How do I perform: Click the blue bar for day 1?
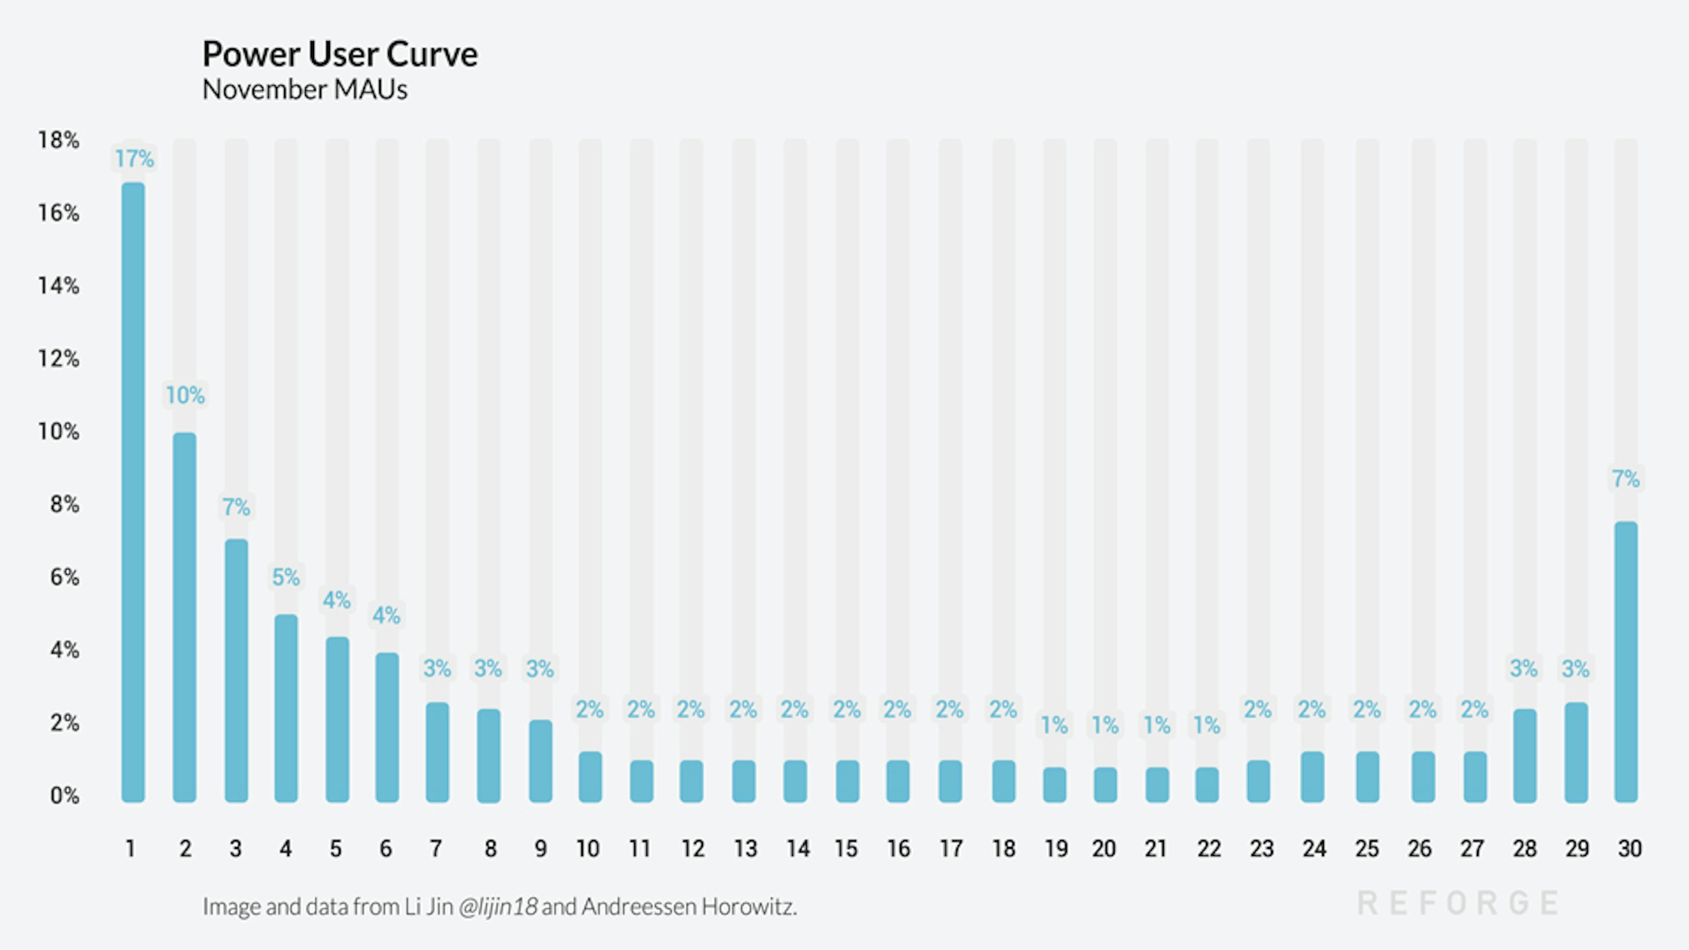(x=133, y=492)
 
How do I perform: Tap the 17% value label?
(x=135, y=159)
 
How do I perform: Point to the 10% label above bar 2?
(x=185, y=395)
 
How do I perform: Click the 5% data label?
(x=286, y=577)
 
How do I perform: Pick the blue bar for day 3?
(x=236, y=670)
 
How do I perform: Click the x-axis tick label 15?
(x=846, y=848)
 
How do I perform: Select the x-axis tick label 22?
(x=1208, y=848)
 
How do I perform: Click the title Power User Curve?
(x=340, y=54)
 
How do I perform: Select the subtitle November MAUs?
(x=304, y=90)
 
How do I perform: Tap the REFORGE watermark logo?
(x=1457, y=903)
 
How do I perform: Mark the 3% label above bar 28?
(x=1524, y=669)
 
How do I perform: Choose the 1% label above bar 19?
(x=1054, y=725)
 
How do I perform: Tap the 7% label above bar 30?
(x=1625, y=479)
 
